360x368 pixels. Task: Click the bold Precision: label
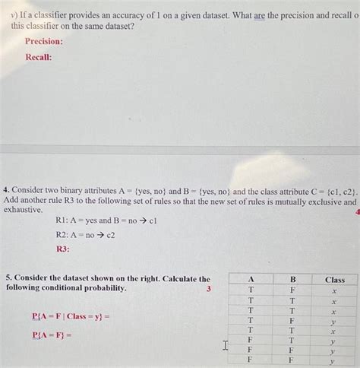(x=43, y=42)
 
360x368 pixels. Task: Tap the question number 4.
(x=5, y=193)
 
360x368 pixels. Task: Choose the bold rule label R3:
(x=63, y=249)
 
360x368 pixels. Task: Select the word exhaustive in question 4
(x=23, y=210)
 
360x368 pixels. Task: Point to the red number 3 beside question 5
(x=208, y=289)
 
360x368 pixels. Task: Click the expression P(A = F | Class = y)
(x=71, y=316)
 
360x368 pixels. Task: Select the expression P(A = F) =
(x=52, y=335)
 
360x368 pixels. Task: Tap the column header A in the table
(x=251, y=279)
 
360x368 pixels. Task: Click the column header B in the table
(x=292, y=279)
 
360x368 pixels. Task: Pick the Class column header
(x=334, y=279)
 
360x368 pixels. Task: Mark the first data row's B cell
(x=292, y=290)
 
